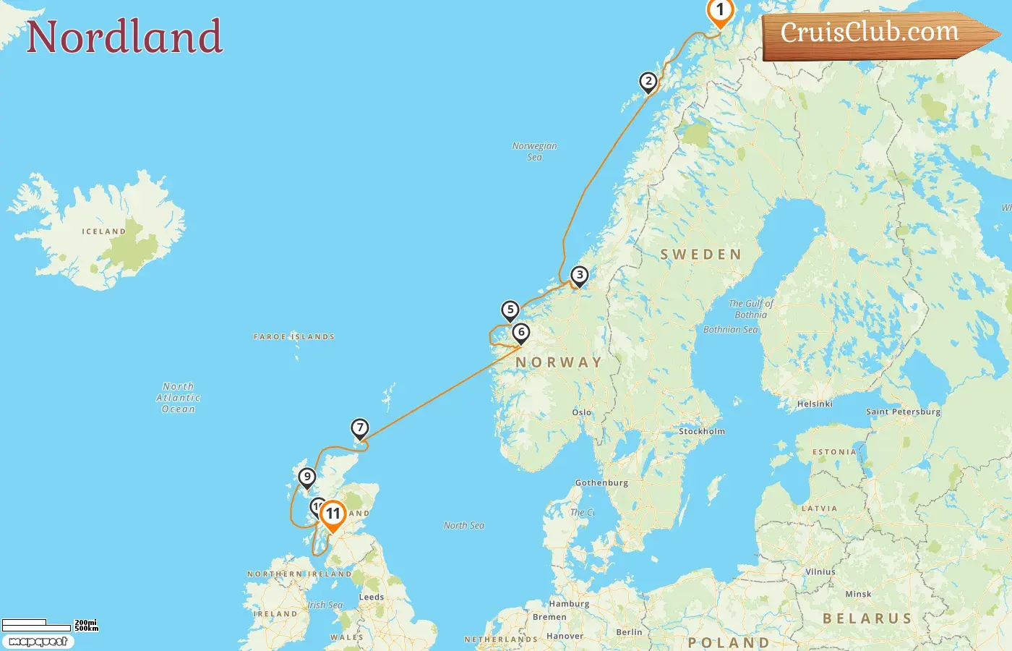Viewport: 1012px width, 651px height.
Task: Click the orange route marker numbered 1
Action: (x=720, y=11)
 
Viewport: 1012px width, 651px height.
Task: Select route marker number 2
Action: (x=648, y=81)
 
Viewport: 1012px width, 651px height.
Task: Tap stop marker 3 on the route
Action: (x=579, y=275)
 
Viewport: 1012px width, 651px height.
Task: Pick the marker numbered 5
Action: (x=510, y=310)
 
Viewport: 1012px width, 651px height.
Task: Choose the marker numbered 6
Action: (x=521, y=333)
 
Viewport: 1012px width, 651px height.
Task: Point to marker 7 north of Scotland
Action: (x=360, y=427)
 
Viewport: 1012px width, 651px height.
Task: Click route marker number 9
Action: (x=307, y=477)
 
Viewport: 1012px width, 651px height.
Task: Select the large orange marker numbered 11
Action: (x=333, y=514)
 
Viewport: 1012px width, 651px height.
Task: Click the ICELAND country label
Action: (x=103, y=231)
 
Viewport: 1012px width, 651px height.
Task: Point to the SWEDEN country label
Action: (x=700, y=255)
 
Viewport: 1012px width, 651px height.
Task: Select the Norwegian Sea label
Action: (x=535, y=151)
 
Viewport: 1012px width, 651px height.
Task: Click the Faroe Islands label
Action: (x=294, y=337)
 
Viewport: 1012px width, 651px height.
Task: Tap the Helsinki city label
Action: (x=815, y=404)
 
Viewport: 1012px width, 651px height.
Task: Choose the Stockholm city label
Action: (x=701, y=431)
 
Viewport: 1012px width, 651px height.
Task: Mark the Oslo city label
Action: (x=582, y=412)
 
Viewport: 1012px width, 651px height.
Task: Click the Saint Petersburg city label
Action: (x=904, y=412)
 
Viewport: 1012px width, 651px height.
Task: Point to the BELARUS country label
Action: (x=867, y=618)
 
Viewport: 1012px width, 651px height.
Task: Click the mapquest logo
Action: (x=38, y=642)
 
